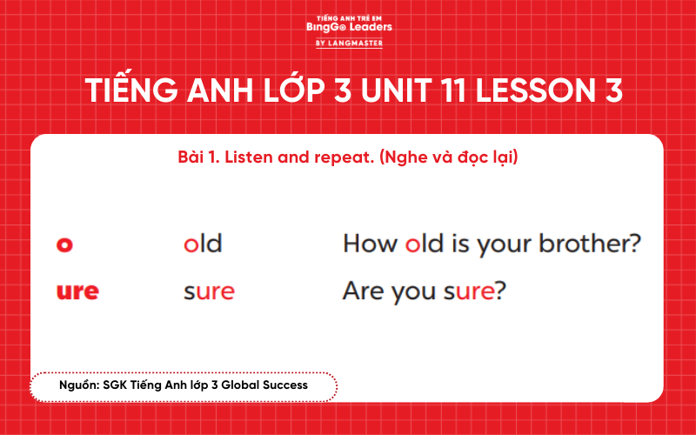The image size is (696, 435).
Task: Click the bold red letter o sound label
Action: [64, 244]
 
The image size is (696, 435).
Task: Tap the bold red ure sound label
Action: [77, 291]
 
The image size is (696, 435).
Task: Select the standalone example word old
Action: [203, 243]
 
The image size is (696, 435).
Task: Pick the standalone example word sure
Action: [209, 291]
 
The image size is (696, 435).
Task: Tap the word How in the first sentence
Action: [371, 243]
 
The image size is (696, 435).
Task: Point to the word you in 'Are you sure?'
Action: [417, 291]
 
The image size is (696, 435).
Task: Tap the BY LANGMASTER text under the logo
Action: [349, 43]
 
